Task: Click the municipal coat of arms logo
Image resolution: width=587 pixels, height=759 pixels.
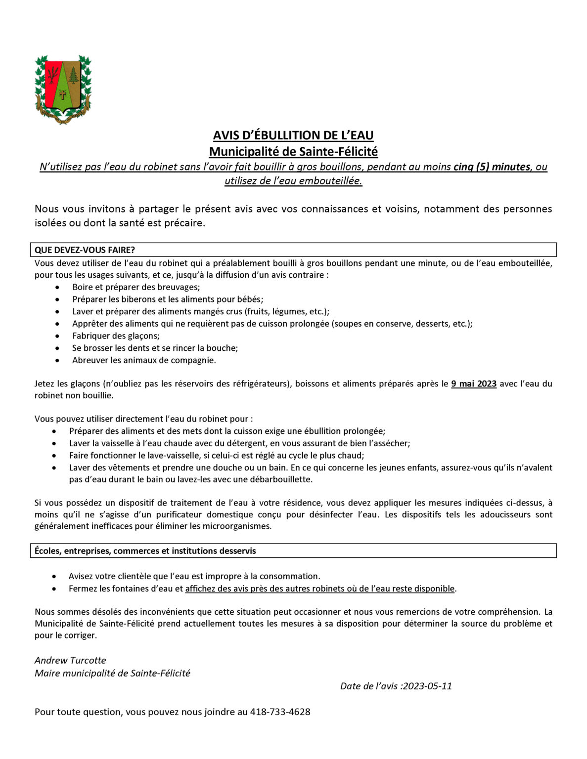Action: pos(63,89)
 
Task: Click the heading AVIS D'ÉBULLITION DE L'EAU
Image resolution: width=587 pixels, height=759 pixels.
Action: pos(293,135)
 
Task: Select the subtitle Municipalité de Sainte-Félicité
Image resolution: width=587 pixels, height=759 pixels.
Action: pos(293,151)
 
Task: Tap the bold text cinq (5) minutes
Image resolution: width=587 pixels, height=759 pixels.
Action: pos(492,167)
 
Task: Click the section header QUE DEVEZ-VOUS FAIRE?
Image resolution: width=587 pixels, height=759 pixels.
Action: pos(85,250)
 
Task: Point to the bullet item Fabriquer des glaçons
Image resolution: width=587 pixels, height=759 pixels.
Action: pos(116,336)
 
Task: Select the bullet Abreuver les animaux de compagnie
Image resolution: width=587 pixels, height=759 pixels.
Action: pos(144,360)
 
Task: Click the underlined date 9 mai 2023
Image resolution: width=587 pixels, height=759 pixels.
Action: pos(473,384)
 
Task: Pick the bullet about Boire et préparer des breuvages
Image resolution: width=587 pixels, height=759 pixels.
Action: pos(136,287)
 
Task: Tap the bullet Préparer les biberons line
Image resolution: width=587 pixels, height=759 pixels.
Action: pos(168,299)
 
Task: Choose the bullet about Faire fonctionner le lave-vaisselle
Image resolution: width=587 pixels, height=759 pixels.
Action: pos(216,456)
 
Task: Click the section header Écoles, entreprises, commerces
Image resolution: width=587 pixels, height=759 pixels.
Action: pos(145,551)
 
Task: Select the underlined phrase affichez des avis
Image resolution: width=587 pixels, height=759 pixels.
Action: pos(320,589)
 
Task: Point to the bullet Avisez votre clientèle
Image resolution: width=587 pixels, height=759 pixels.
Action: pos(194,576)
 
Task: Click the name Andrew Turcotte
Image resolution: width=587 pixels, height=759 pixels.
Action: pos(70,661)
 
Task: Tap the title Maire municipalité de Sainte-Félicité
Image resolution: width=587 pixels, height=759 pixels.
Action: pos(112,673)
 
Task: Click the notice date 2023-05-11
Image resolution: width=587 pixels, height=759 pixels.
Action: pos(427,686)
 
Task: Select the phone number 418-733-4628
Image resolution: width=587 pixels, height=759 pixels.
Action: pos(280,712)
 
